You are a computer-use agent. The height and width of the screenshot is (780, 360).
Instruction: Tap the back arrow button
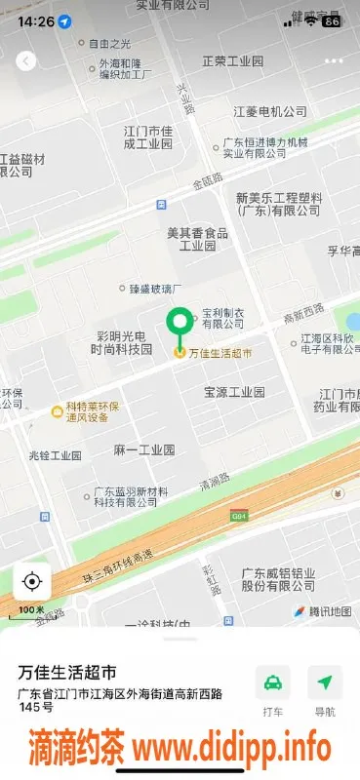click(25, 60)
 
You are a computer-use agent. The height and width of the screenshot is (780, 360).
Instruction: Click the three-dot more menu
click(335, 60)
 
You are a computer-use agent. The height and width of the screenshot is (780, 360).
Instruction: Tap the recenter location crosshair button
click(31, 582)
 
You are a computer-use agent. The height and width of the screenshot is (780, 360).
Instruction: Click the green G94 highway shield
click(238, 515)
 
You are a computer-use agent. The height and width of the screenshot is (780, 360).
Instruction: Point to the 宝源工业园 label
click(234, 392)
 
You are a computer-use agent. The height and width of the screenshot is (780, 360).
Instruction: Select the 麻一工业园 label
click(143, 449)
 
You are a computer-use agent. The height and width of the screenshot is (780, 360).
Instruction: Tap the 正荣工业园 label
click(232, 61)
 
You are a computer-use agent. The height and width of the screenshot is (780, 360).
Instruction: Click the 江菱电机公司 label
click(270, 112)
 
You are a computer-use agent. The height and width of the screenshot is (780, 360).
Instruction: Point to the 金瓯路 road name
click(207, 181)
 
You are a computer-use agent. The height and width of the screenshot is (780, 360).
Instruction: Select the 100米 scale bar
click(32, 611)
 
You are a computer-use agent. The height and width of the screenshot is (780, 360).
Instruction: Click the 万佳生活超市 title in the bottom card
click(67, 672)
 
